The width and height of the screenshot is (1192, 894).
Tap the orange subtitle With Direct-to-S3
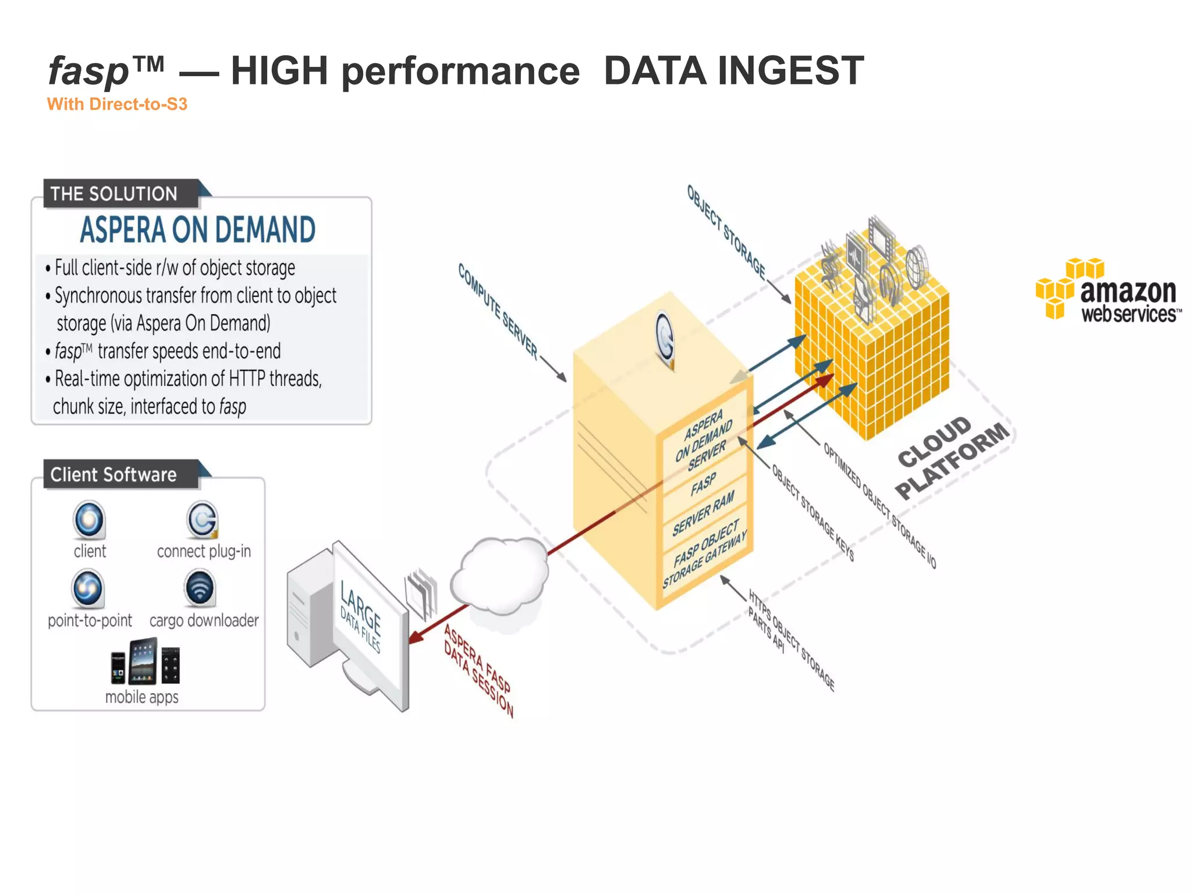pos(117,104)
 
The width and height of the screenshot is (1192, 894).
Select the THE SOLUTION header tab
pos(115,194)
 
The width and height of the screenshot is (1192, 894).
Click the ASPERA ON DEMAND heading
pos(198,230)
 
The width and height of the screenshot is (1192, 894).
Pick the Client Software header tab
pos(114,475)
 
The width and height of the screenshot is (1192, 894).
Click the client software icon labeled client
pos(89,519)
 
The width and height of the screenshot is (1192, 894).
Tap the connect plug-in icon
pos(203,519)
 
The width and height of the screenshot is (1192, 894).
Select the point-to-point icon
pos(88,588)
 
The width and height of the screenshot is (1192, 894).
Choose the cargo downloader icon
pos(200,588)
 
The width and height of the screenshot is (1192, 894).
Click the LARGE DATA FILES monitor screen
pos(367,623)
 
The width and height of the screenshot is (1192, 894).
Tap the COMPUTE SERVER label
pos(498,311)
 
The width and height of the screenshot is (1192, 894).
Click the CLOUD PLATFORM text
pos(951,457)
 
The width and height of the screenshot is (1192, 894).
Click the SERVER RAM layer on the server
pos(703,513)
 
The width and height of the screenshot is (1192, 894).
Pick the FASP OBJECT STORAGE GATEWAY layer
pos(704,554)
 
